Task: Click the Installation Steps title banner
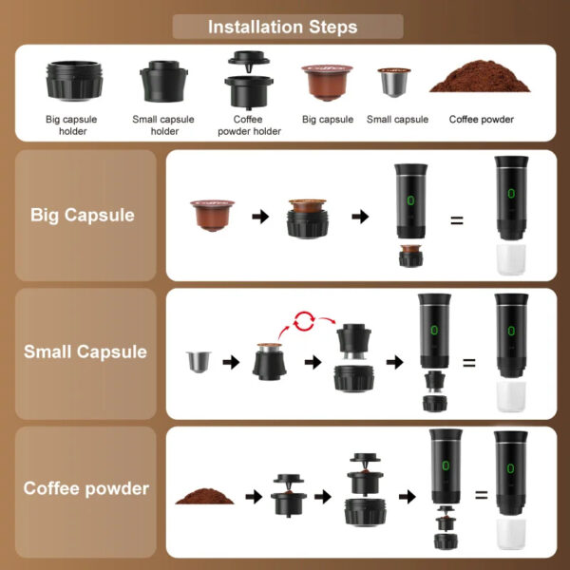click(283, 27)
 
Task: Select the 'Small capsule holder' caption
click(164, 125)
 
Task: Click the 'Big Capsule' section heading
click(83, 215)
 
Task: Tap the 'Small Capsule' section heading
click(85, 351)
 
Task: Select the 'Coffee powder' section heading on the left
click(86, 488)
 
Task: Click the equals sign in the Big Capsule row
click(456, 220)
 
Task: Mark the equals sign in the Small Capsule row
click(468, 362)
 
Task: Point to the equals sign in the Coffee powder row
click(481, 495)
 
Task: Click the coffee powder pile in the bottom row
click(201, 495)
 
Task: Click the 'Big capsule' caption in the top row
click(328, 120)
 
